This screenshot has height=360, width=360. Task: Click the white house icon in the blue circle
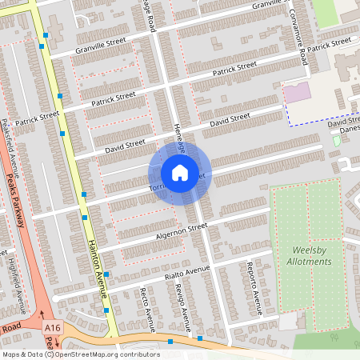pos(179,172)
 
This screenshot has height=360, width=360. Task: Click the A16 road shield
pos(53,328)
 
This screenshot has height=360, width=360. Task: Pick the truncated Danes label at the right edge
pos(350,129)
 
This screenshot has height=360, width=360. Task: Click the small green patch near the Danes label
pos(336,141)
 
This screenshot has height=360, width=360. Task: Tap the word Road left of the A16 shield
pos(10,328)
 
